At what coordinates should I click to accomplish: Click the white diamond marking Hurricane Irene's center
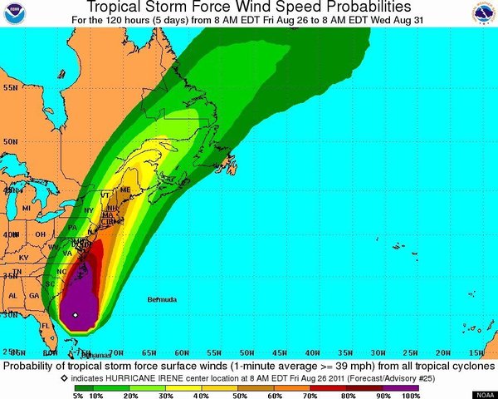[x=75, y=315]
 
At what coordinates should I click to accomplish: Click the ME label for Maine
[x=126, y=190]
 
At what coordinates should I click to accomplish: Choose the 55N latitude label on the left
[x=10, y=86]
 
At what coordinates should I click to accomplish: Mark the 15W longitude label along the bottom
[x=476, y=353]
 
